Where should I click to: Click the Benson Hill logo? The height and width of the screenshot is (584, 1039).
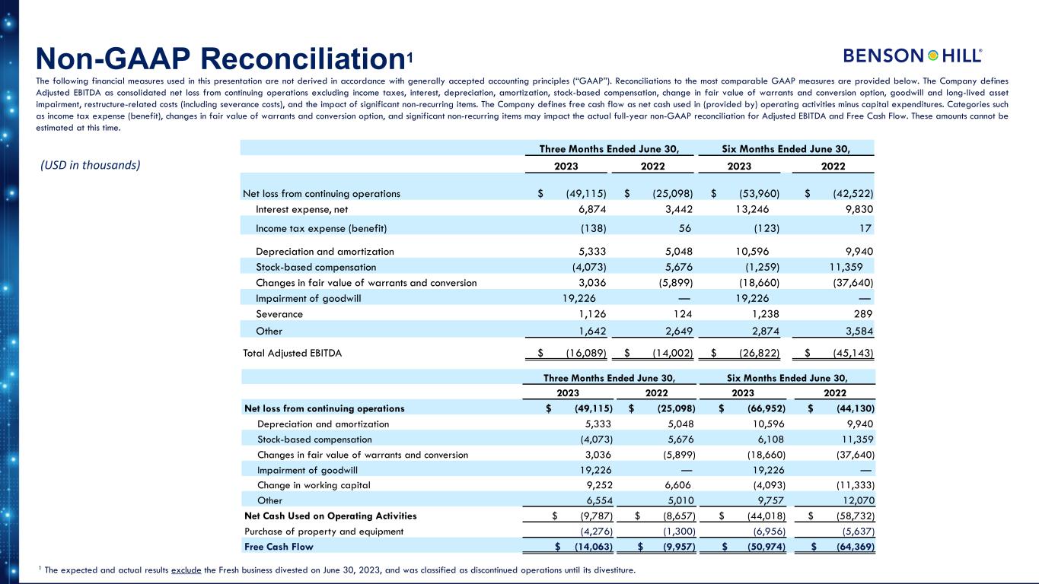pyautogui.click(x=913, y=56)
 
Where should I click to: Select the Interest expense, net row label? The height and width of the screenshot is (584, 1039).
pyautogui.click(x=302, y=209)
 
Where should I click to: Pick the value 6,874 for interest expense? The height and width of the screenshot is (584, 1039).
pyautogui.click(x=589, y=209)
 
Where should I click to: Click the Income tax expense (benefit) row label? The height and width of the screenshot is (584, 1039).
pyautogui.click(x=321, y=228)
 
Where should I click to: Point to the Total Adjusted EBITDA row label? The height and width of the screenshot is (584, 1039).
pyautogui.click(x=292, y=353)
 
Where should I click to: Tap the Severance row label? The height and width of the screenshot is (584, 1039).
pyautogui.click(x=279, y=313)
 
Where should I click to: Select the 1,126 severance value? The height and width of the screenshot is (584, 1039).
pyautogui.click(x=589, y=313)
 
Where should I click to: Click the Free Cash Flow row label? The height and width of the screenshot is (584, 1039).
pyautogui.click(x=279, y=546)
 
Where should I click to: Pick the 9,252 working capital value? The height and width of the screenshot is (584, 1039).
pyautogui.click(x=596, y=485)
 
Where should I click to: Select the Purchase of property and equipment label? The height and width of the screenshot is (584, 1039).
pyautogui.click(x=323, y=531)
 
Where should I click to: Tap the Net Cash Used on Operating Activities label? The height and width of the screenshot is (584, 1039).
pyautogui.click(x=330, y=516)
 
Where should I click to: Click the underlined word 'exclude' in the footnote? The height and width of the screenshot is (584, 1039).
pyautogui.click(x=188, y=570)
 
